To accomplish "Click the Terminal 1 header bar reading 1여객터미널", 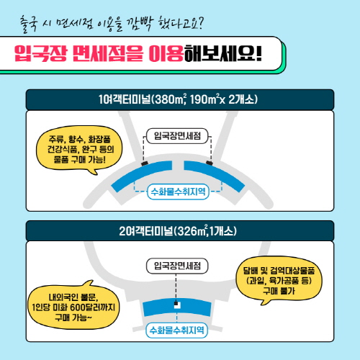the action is coord(180,99).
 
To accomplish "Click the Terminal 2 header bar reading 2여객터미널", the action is coord(180,231).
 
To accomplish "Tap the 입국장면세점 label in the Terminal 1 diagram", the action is coord(177,136).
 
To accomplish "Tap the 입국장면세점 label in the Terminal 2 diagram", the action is coord(177,266).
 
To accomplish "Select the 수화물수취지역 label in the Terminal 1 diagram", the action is coord(178,192).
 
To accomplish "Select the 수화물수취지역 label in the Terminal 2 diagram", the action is coord(177,330).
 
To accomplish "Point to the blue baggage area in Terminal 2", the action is coord(177,307).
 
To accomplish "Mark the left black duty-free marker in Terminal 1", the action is coord(145,163).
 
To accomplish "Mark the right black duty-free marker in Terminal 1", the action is coord(210,163).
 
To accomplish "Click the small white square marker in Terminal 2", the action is coord(177,305).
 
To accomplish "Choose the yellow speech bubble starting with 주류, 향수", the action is coord(79,149).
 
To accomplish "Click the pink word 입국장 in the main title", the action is coord(40,53).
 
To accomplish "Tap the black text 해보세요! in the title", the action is coord(222,53).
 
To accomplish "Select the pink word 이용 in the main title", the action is coord(166,53).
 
